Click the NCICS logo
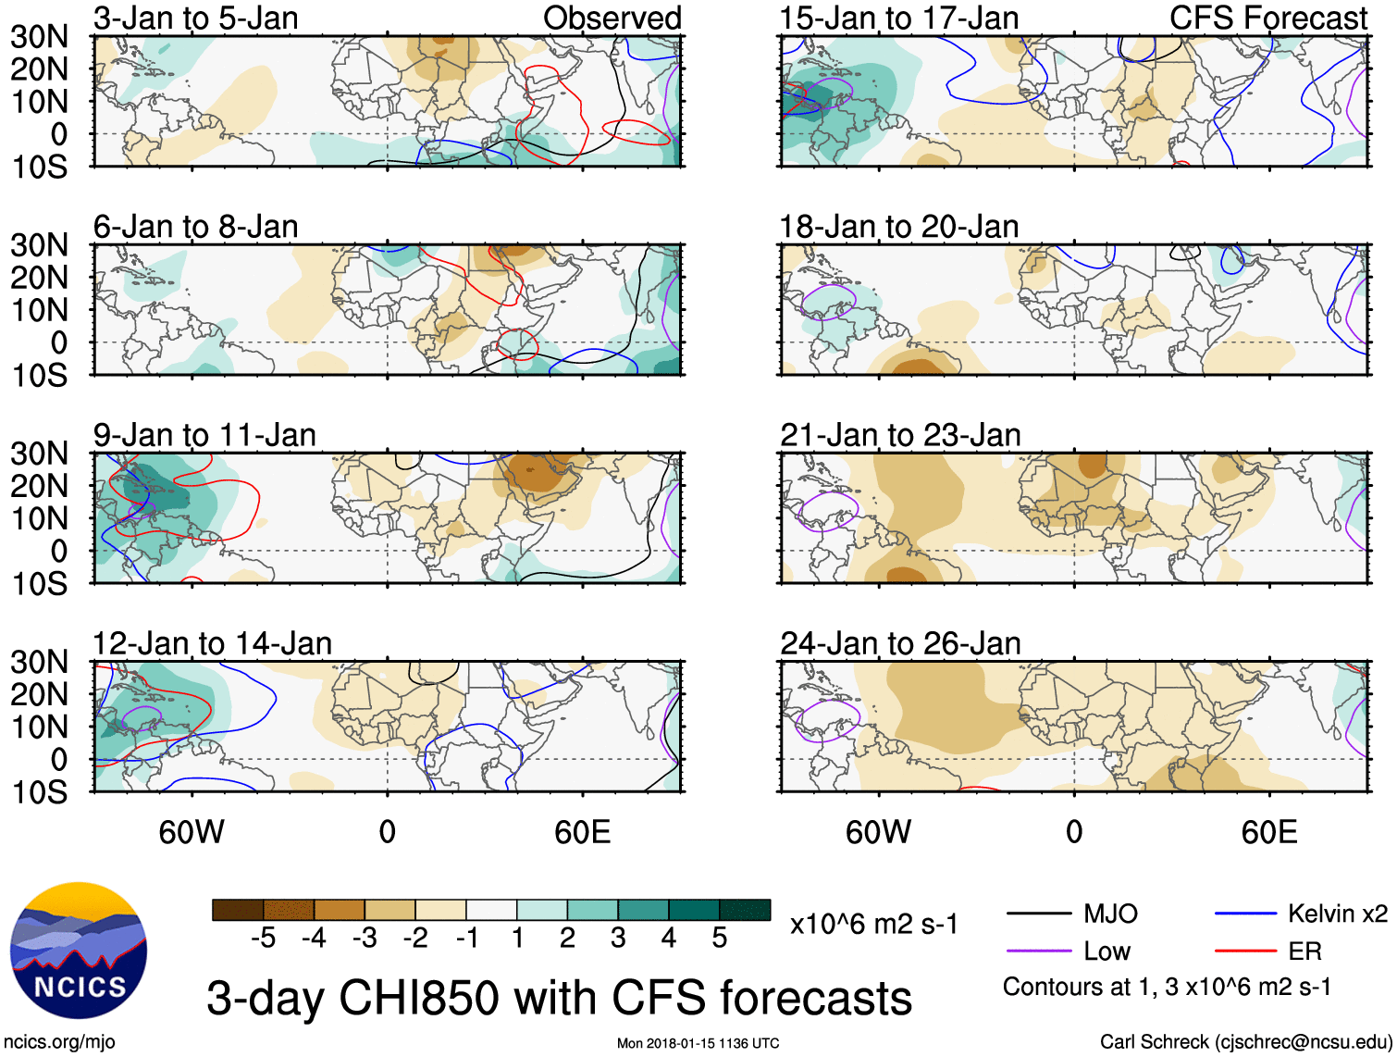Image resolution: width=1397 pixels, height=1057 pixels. (x=79, y=951)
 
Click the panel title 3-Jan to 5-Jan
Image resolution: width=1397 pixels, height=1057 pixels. (x=195, y=18)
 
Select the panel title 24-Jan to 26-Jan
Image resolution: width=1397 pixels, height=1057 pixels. (x=900, y=643)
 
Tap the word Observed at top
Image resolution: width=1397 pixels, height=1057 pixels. (x=612, y=18)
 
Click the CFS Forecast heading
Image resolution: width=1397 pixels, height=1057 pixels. (x=1268, y=18)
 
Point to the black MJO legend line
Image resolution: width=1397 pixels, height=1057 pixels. (x=1039, y=914)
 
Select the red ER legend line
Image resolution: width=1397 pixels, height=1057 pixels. (x=1245, y=951)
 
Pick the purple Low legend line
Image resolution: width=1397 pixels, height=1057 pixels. (x=1039, y=951)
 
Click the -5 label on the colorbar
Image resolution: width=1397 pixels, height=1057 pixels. (x=263, y=939)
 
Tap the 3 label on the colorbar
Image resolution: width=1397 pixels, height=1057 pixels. (x=618, y=939)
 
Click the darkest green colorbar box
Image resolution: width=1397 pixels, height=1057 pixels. (x=745, y=910)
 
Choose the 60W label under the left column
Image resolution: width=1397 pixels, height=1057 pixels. (x=192, y=832)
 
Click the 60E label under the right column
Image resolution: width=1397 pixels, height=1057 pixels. (x=1268, y=832)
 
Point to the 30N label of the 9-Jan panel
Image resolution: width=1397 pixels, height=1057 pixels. (x=39, y=454)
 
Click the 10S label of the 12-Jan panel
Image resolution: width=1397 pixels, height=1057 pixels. (x=39, y=792)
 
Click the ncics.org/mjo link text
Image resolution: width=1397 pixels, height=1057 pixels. (x=59, y=1042)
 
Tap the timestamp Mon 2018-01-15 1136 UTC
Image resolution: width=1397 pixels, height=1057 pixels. (x=698, y=1043)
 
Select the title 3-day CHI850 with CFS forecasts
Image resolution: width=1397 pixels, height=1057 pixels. (x=559, y=998)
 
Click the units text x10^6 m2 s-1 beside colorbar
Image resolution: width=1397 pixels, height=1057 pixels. (x=873, y=924)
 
